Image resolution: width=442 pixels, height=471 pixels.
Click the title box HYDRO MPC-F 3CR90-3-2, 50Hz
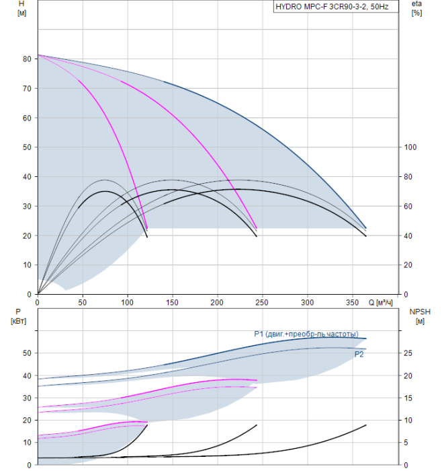[336, 7]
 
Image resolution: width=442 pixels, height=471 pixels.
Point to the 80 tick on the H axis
[27, 59]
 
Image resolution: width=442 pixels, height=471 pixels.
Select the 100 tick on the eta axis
[410, 147]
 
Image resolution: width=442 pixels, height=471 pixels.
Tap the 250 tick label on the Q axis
[262, 303]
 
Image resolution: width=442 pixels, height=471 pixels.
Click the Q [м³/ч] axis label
[380, 303]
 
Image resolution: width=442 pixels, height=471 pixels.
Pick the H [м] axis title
[21, 8]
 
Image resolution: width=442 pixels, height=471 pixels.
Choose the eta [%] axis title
[417, 8]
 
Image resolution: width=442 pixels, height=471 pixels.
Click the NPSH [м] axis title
[420, 317]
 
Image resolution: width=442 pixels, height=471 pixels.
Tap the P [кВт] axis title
[18, 317]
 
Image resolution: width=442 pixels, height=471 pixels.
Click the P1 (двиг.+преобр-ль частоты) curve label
[306, 334]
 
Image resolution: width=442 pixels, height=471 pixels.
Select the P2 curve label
[359, 355]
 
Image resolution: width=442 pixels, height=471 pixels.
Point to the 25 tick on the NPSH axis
[408, 353]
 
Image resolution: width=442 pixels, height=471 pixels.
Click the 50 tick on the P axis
[27, 353]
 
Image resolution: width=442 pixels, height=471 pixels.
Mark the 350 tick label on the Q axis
[352, 303]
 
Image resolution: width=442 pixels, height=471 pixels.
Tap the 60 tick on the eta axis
[408, 207]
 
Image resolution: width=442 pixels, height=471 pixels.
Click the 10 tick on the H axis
[27, 265]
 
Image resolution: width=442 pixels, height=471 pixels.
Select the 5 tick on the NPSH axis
[406, 443]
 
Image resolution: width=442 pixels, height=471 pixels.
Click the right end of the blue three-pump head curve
[366, 229]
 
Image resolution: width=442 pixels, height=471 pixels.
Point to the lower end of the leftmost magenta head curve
[147, 229]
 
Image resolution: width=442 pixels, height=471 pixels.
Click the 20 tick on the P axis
[27, 421]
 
